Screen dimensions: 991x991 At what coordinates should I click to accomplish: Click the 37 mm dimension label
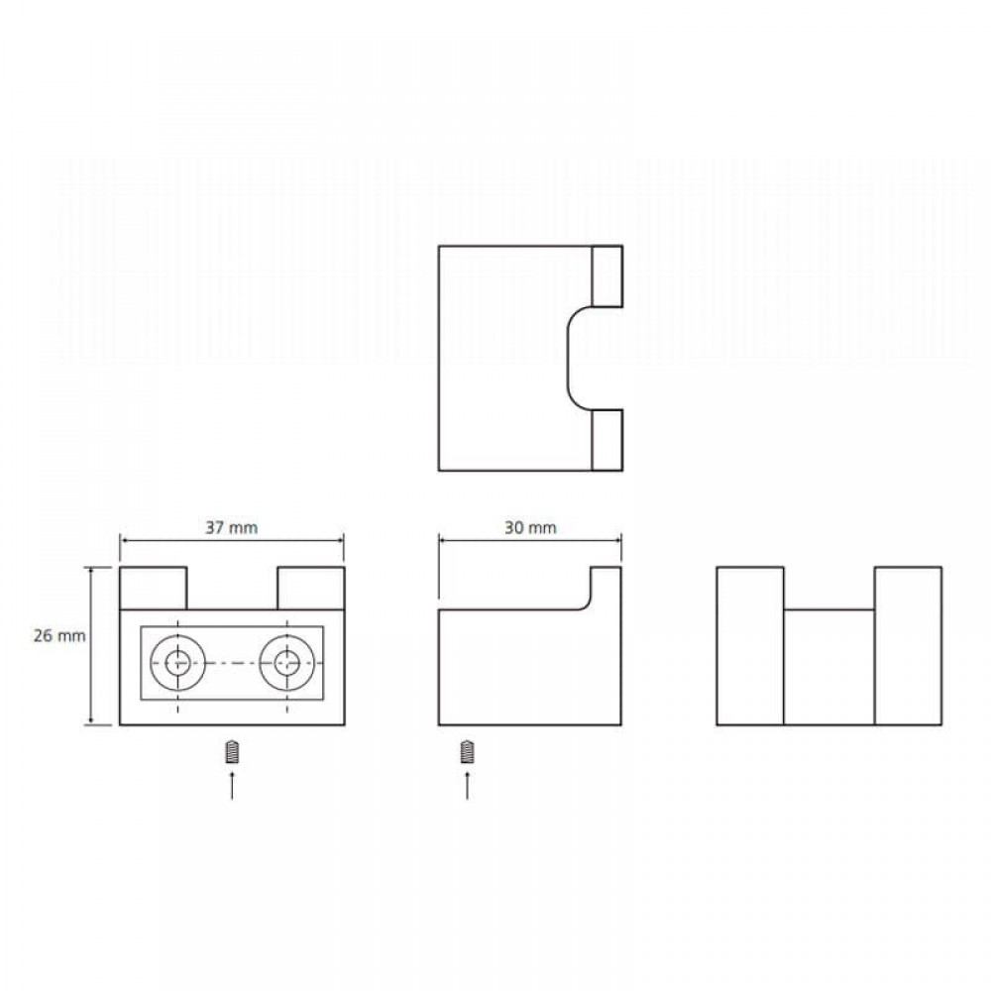[x=232, y=527]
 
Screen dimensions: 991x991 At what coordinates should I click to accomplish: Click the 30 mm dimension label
[x=530, y=527]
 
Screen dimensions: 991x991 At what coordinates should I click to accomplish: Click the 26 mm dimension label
[x=59, y=635]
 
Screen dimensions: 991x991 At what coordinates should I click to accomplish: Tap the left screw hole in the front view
[x=177, y=663]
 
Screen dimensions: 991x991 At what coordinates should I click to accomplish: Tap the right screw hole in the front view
[x=287, y=663]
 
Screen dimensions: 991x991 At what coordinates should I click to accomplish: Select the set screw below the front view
[x=232, y=752]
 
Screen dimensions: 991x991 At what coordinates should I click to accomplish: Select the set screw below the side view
[x=467, y=752]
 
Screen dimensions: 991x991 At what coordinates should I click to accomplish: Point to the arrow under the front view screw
[x=232, y=785]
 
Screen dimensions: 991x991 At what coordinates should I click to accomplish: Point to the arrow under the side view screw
[x=467, y=785]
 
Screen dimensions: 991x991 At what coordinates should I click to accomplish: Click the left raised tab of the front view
[x=154, y=589]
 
